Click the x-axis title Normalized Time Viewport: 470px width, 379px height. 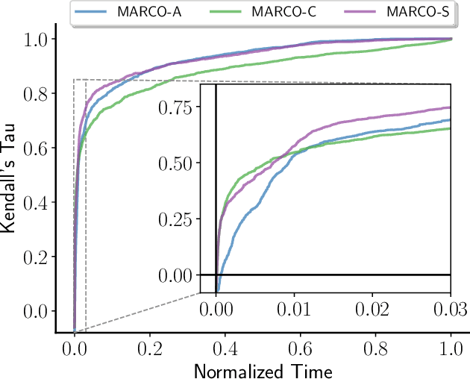coord(263,369)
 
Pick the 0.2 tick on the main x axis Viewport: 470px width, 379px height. coord(150,347)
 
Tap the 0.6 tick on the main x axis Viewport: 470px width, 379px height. coord(301,347)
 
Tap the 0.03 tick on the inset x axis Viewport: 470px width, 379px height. coord(451,307)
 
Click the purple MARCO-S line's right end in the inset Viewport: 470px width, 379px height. coord(451,107)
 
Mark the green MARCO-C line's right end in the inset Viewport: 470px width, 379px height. coord(451,128)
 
